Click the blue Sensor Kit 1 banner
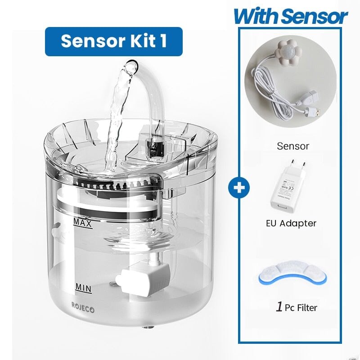(113, 41)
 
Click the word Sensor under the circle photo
(293, 146)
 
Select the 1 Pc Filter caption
(296, 308)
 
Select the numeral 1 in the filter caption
(279, 307)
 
